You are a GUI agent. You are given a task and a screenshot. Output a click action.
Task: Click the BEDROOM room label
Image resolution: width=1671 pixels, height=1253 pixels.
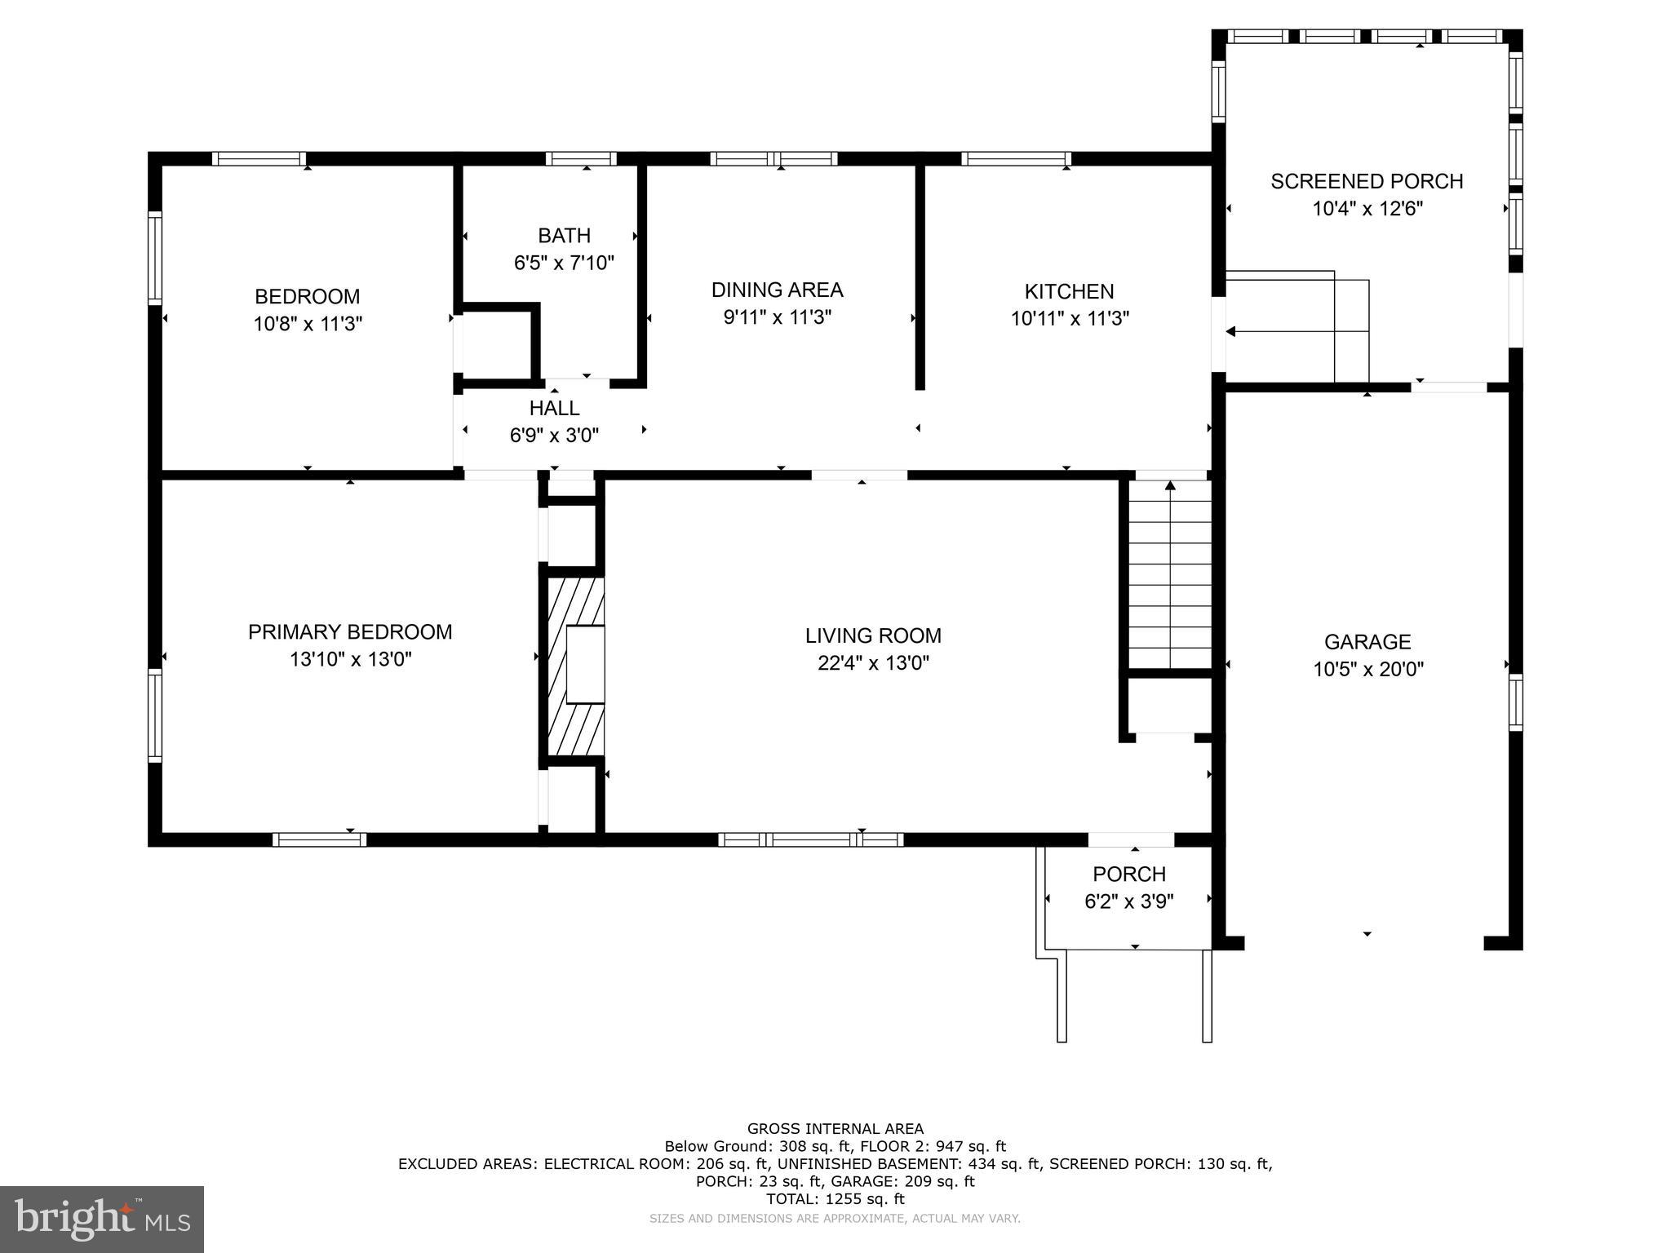point(307,296)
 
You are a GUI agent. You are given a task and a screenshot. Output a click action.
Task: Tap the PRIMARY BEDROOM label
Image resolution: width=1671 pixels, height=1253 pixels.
point(350,632)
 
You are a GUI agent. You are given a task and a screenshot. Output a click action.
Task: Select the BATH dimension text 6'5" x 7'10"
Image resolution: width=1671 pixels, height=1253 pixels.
point(564,263)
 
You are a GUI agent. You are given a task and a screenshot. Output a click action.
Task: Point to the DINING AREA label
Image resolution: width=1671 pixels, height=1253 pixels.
point(777,290)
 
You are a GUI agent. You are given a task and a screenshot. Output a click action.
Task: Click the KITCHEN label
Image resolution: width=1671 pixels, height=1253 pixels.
point(1069,291)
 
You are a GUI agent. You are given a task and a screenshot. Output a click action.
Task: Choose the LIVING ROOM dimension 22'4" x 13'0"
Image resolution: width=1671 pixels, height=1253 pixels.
point(873,663)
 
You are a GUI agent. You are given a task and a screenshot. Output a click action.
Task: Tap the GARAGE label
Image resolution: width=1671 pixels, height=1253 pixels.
point(1367,642)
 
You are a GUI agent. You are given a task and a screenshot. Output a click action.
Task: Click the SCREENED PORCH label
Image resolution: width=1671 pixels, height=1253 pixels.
point(1367,181)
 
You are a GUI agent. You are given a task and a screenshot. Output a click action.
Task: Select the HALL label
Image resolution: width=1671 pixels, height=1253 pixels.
point(554,408)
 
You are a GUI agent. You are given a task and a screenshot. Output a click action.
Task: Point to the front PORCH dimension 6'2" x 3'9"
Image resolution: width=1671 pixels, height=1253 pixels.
point(1129,901)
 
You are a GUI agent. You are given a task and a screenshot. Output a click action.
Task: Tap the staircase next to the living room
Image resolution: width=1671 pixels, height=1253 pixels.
point(1170,574)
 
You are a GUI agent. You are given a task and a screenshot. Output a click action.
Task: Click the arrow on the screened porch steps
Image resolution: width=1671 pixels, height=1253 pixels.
point(1297,331)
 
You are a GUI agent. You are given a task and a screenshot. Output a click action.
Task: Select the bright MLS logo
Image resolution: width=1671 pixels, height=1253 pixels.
point(102,1220)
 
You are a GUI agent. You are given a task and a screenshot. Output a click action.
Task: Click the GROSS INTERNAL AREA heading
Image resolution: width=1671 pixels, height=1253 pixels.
point(835,1129)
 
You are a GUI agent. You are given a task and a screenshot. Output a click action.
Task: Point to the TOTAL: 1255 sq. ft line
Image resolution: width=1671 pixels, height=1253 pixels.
point(835,1199)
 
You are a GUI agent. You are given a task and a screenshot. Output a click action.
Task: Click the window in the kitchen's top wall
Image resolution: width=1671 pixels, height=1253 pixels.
point(1016,158)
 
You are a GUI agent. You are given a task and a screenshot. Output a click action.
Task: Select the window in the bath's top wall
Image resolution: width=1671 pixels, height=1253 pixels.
point(581,158)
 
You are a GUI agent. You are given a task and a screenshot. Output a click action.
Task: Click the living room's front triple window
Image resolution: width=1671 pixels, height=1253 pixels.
point(811,839)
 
